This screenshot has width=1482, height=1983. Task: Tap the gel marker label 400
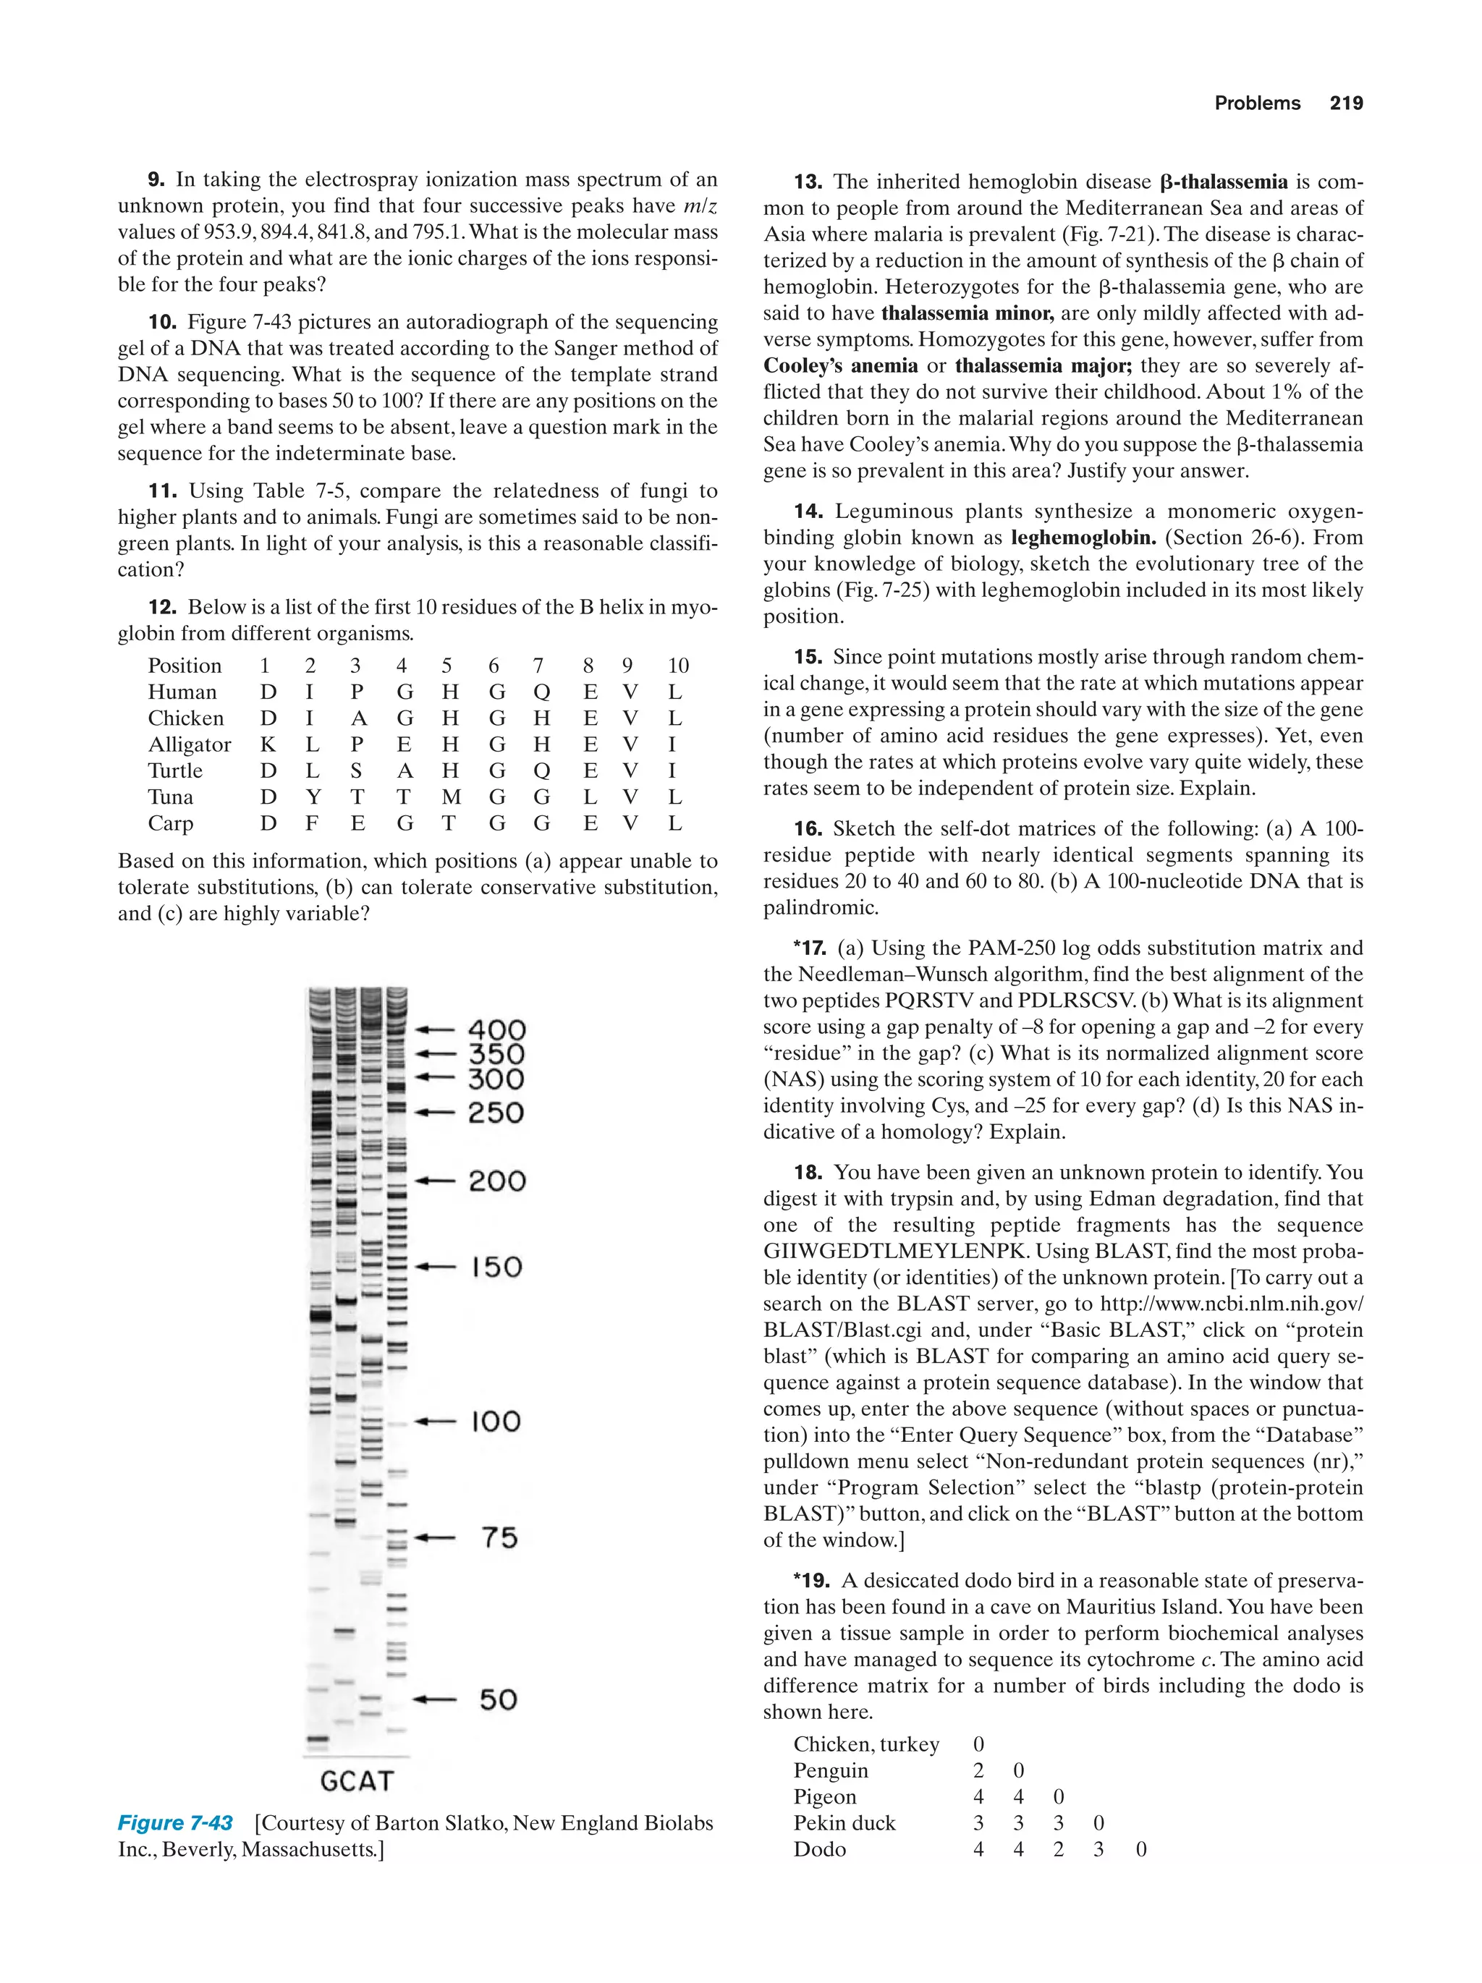click(496, 1030)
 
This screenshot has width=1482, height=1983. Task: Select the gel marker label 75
click(499, 1537)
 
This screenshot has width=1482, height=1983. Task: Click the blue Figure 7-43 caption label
click(176, 1823)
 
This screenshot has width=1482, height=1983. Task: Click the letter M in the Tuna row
click(451, 797)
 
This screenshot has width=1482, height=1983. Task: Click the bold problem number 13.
click(807, 182)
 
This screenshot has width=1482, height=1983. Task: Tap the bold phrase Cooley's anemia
click(840, 366)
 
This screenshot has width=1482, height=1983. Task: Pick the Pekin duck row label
click(844, 1823)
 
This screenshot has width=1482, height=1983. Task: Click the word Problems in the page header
click(1257, 103)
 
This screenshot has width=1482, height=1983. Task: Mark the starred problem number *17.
click(810, 948)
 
